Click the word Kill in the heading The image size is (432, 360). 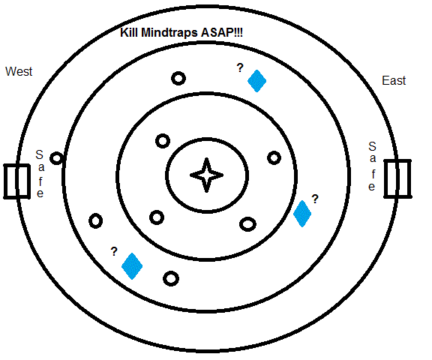point(129,32)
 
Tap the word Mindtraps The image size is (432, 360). point(169,33)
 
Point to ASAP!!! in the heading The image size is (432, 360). point(222,32)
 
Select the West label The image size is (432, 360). point(19,71)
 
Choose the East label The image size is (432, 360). point(394,81)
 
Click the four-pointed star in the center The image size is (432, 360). point(207,175)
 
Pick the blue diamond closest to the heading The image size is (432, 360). point(256,81)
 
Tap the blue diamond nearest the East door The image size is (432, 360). point(302,214)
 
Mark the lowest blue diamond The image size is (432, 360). point(132,266)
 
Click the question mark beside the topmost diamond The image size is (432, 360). point(240,67)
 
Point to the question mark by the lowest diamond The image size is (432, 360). point(114,251)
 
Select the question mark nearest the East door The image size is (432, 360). point(315,199)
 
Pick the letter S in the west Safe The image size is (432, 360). point(40,154)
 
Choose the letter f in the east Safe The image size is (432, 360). point(373,174)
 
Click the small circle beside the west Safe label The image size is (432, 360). point(57,158)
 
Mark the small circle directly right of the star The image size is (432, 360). point(274,158)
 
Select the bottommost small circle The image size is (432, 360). point(171,278)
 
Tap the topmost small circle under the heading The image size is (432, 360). point(178,79)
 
